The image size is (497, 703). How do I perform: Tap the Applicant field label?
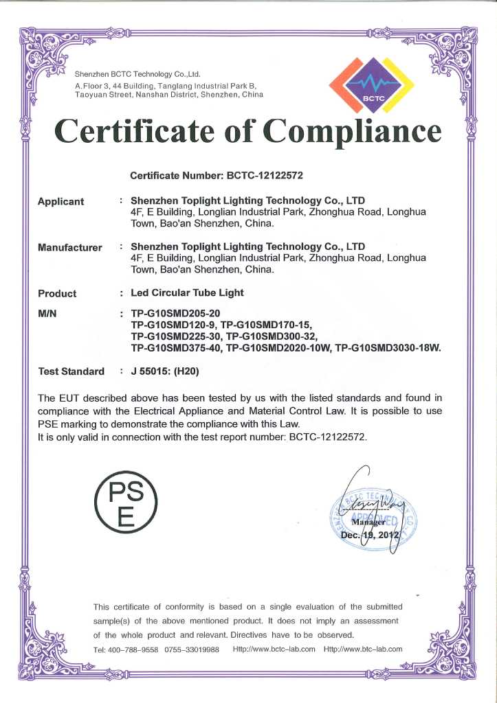pyautogui.click(x=61, y=201)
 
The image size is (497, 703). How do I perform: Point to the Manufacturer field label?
pyautogui.click(x=70, y=247)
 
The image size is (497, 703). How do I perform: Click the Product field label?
pyautogui.click(x=57, y=293)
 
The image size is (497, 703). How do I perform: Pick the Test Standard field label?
pyautogui.click(x=71, y=371)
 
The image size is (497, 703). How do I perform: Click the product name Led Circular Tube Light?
pyautogui.click(x=187, y=292)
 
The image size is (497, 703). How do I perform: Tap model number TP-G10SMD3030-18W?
pyautogui.click(x=387, y=348)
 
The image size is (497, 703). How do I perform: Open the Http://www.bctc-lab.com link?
pyautogui.click(x=274, y=649)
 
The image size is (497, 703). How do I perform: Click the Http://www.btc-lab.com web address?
pyautogui.click(x=362, y=649)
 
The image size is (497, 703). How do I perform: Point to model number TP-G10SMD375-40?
pyautogui.click(x=177, y=348)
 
